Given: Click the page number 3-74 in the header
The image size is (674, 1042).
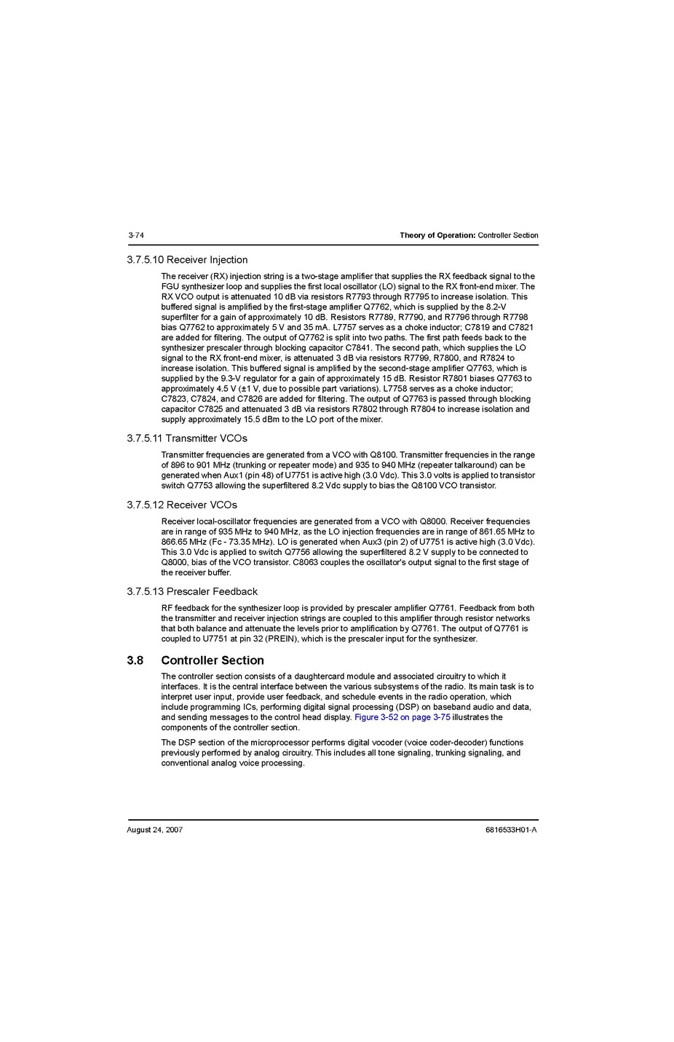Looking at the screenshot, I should (x=135, y=235).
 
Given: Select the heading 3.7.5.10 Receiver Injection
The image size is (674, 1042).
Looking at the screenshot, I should (x=187, y=260).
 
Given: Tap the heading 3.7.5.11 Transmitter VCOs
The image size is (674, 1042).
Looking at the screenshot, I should (x=187, y=438).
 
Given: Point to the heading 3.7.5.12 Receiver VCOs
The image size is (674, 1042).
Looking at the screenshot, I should (x=182, y=505).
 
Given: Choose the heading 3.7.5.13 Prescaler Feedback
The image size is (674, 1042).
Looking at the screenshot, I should (x=192, y=591).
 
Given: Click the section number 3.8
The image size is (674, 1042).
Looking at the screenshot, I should (x=135, y=660).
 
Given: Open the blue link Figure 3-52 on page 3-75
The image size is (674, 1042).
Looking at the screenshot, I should (x=403, y=717).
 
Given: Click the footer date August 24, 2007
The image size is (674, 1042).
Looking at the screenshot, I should (x=154, y=830).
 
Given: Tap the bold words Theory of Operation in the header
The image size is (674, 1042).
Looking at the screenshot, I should (x=437, y=235).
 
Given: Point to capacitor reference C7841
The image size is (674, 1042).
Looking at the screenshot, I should (x=358, y=348).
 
